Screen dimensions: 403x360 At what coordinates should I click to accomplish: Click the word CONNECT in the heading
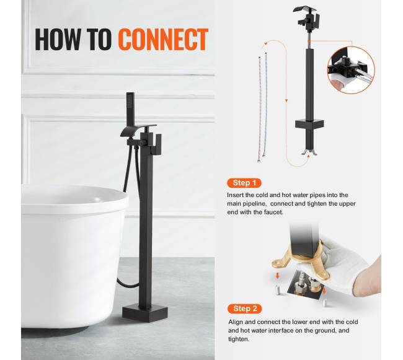click(163, 39)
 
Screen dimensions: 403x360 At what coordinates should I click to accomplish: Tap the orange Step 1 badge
click(244, 183)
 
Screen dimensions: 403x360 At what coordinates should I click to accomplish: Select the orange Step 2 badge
click(245, 309)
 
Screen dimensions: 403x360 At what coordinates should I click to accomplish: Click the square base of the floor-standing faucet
click(145, 314)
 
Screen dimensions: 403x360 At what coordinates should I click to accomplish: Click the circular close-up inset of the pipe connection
click(351, 70)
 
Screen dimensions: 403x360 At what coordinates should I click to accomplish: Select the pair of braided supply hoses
click(262, 107)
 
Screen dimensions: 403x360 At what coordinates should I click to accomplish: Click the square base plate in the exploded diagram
click(309, 124)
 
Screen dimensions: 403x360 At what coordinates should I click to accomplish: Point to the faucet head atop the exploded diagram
click(306, 17)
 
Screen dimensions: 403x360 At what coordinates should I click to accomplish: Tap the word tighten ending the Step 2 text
click(239, 339)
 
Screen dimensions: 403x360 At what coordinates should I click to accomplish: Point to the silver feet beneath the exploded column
click(309, 152)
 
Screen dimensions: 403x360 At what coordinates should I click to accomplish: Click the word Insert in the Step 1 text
click(235, 195)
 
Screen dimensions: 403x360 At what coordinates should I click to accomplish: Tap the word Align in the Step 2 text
click(235, 322)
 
